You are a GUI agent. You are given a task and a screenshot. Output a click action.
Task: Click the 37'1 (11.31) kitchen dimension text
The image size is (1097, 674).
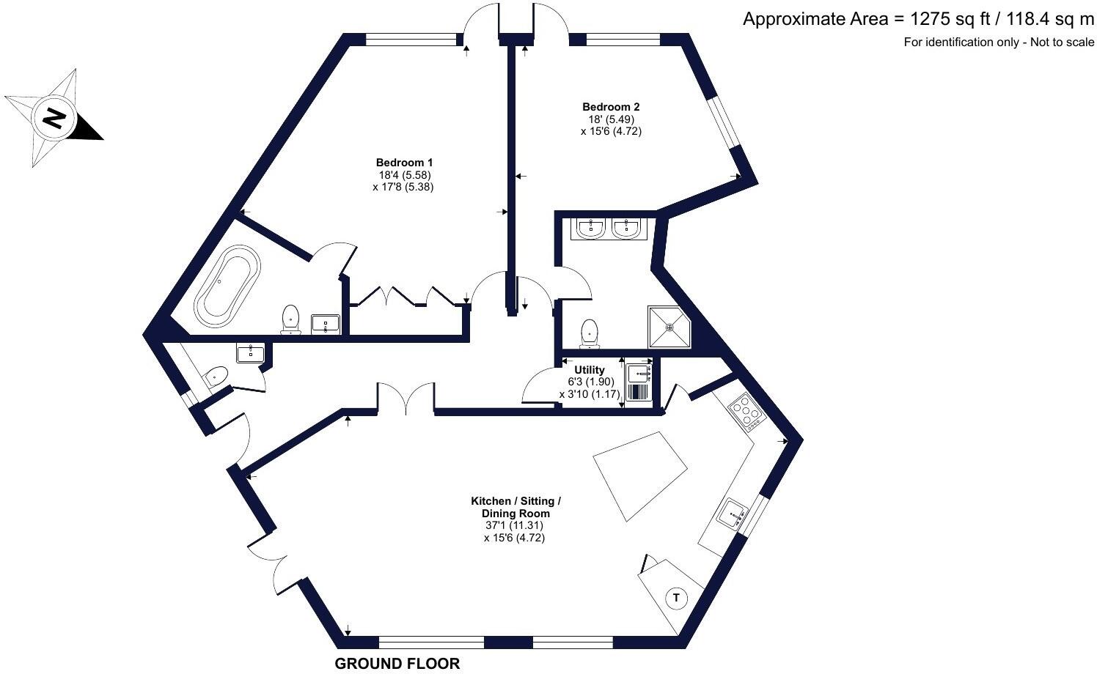tap(514, 525)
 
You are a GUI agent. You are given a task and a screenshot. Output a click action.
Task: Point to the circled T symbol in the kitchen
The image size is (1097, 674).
tap(676, 598)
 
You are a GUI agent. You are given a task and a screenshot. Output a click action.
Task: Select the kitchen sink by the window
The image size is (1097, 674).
tap(733, 515)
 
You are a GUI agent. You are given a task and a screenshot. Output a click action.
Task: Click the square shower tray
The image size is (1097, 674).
tap(669, 327)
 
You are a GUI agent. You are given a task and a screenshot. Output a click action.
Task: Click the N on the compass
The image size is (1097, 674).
tap(54, 117)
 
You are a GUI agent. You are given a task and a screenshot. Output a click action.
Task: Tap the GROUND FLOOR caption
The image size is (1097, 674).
tap(397, 664)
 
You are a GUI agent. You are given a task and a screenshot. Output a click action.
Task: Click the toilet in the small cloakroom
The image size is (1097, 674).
tap(215, 377)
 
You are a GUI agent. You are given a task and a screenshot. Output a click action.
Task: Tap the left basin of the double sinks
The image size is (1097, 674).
tap(590, 229)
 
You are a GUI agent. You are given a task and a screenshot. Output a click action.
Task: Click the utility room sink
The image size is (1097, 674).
tap(639, 373)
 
